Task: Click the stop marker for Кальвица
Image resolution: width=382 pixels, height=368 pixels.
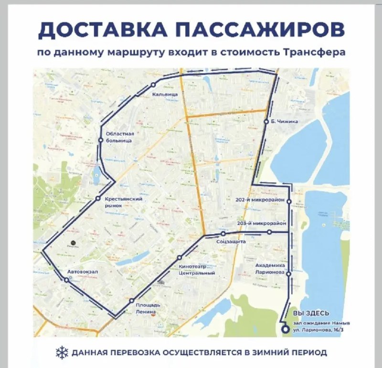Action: coord(153,85)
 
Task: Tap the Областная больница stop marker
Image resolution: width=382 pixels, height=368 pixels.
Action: coord(101,140)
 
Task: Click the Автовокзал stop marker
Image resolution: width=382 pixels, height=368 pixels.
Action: coord(66,281)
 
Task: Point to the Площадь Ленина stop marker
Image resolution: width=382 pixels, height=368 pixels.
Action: coord(131,301)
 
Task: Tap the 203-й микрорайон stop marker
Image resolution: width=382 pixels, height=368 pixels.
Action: coord(269,232)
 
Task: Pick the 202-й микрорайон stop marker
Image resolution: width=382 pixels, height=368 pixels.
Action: coord(288,202)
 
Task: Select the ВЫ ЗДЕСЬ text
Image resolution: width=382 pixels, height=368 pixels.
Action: coord(311,313)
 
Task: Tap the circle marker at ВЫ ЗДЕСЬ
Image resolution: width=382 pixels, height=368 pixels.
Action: coord(285,329)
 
